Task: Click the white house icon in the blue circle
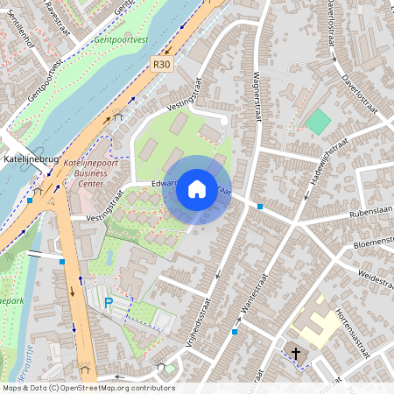(197, 188)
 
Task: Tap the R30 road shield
(161, 64)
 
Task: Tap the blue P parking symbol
(109, 303)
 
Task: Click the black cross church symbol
(296, 354)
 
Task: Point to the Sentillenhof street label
(19, 36)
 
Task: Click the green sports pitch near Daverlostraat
(318, 122)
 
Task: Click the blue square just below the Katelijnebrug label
(30, 200)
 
